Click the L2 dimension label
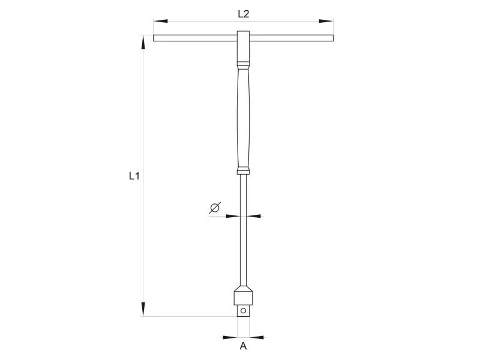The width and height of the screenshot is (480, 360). click(244, 14)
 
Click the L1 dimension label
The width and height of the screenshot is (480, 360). click(134, 176)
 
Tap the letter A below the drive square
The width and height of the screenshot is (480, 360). click(243, 346)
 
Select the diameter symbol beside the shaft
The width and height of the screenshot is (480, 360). click(215, 208)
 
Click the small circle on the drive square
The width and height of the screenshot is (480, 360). click(243, 311)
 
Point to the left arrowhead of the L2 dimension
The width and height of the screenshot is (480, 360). click(160, 21)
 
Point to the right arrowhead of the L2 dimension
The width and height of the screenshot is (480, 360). click(326, 21)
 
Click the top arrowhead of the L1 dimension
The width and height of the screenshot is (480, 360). click(143, 42)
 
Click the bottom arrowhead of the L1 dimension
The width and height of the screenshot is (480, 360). click(143, 309)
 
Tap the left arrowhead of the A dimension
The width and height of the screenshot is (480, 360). click(230, 338)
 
